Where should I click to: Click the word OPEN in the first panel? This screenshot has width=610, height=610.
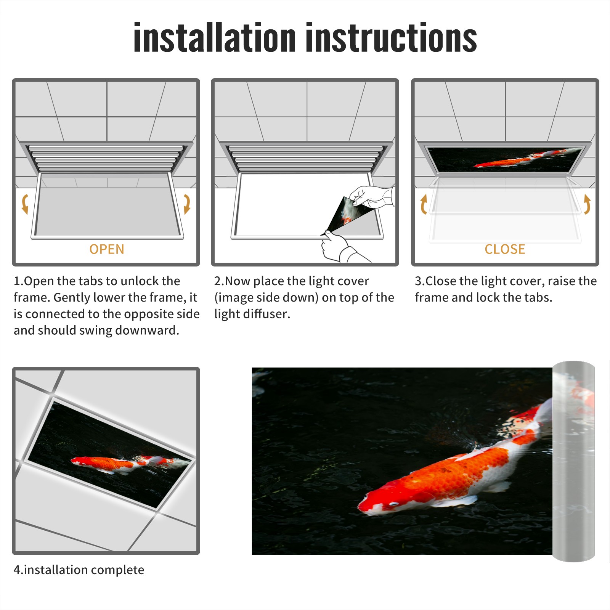(x=107, y=249)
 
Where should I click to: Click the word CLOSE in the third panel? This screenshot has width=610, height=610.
(x=505, y=249)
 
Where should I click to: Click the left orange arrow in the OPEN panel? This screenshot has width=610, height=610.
(x=25, y=204)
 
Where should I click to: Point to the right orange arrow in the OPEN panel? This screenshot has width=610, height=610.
(x=187, y=204)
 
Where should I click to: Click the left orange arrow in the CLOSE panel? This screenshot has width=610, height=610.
(x=423, y=204)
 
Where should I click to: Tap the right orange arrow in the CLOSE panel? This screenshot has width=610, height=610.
(x=587, y=204)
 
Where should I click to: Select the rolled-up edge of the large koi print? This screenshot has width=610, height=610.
(x=573, y=461)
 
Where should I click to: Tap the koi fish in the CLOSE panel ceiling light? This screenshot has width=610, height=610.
(x=522, y=160)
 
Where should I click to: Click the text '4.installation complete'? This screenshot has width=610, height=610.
(x=79, y=570)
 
